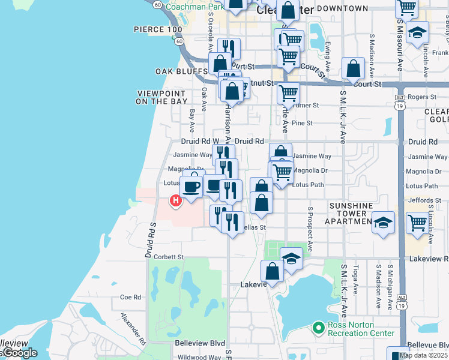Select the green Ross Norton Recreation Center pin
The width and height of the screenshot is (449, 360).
pos(318,328)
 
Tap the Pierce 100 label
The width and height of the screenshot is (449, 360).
pos(157,29)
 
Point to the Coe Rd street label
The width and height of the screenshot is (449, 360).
pos(130,297)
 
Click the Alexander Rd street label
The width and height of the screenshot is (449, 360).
pos(133,328)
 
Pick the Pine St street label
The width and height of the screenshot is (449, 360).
pos(302,123)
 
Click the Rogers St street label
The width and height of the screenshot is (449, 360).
pos(423,97)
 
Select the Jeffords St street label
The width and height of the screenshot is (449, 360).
pos(423,200)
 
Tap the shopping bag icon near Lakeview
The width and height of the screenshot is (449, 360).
pos(273,270)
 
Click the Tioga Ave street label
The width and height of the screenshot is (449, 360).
pos(355,281)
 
